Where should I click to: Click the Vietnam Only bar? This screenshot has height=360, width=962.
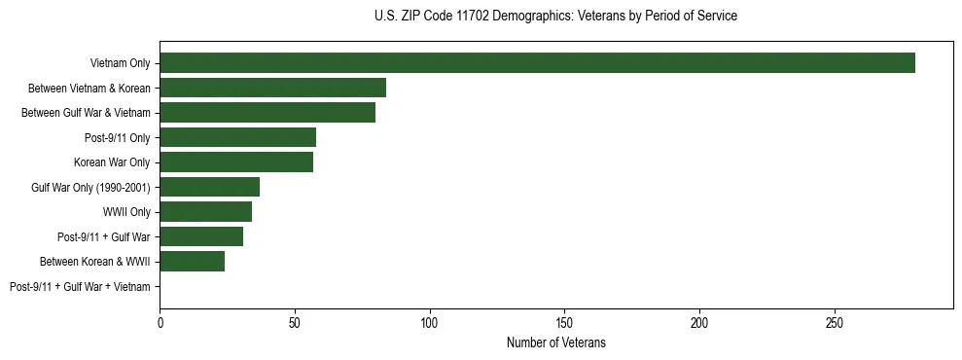[537, 63]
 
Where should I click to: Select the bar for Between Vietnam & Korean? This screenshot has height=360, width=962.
[272, 88]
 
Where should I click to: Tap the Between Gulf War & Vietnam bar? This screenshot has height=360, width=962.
[267, 113]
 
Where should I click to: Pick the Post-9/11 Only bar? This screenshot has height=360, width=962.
[237, 137]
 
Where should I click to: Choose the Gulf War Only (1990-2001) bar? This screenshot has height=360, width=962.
[209, 187]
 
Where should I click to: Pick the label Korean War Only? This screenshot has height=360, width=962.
[112, 162]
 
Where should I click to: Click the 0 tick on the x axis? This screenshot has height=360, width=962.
[160, 319]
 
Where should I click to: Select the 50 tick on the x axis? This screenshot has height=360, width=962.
[295, 319]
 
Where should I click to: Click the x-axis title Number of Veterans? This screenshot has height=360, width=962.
[555, 342]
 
